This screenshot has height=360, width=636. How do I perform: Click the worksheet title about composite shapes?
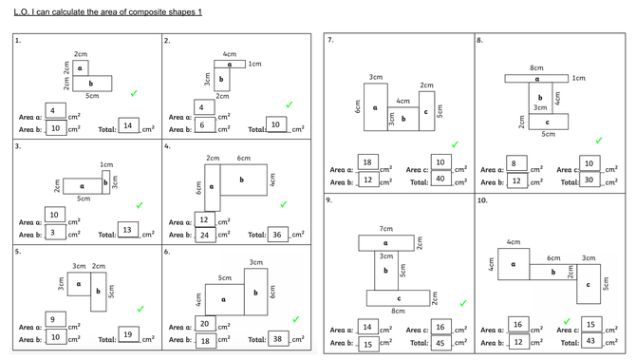108,12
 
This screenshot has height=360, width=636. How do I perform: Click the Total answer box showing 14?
128,125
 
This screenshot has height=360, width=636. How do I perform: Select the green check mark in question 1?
134,93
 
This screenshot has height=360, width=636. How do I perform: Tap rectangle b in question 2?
222,80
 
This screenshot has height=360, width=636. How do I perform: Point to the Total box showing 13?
128,230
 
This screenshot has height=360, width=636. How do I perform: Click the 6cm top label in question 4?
243,158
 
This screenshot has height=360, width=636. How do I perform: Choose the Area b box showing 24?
205,235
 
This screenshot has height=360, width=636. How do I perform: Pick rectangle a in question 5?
79,284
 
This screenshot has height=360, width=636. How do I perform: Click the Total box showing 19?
128,334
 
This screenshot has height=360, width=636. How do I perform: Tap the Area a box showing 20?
205,324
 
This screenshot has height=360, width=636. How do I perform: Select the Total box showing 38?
278,339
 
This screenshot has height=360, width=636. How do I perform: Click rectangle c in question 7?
427,111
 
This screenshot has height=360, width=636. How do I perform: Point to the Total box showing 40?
440,179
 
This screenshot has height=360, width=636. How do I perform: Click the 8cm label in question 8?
536,67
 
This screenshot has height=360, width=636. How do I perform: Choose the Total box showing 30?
589,180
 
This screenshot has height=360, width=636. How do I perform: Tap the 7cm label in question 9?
385,229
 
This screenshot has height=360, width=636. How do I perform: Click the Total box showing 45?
440,343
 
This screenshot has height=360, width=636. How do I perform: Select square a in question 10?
514,264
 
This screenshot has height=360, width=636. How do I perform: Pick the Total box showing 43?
591,341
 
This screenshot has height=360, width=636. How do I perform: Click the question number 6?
167,252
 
